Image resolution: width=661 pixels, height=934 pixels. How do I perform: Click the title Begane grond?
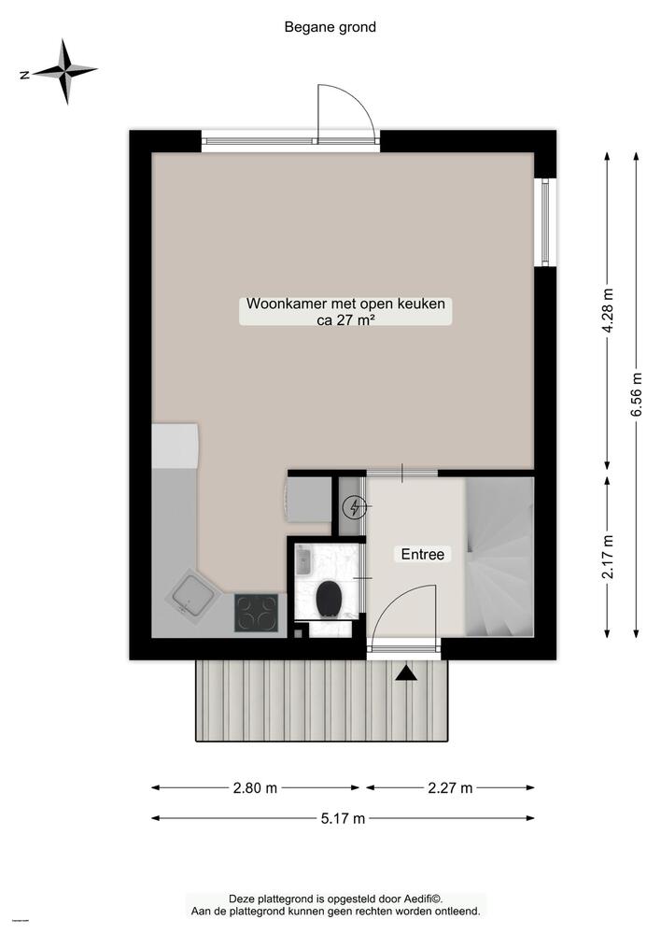(330, 27)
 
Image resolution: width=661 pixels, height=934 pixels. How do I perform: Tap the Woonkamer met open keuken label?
(345, 304)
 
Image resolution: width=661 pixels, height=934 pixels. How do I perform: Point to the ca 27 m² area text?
(345, 320)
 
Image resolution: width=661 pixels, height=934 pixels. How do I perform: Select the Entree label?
(422, 554)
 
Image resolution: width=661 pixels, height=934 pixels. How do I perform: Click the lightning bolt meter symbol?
(355, 507)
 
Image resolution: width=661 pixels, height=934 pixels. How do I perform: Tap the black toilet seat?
(328, 599)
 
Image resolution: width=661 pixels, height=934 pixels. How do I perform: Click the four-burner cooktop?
(254, 613)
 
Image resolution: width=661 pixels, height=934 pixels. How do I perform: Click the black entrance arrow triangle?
(406, 672)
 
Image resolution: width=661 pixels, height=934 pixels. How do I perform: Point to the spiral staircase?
(499, 556)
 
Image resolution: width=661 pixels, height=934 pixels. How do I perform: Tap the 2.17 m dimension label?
(609, 557)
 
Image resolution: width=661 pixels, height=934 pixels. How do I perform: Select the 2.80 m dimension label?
(255, 787)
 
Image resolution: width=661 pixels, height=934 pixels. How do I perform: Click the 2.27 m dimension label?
(450, 787)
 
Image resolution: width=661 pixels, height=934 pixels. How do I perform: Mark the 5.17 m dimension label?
(343, 819)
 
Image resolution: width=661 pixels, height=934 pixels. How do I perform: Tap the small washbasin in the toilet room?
(304, 560)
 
